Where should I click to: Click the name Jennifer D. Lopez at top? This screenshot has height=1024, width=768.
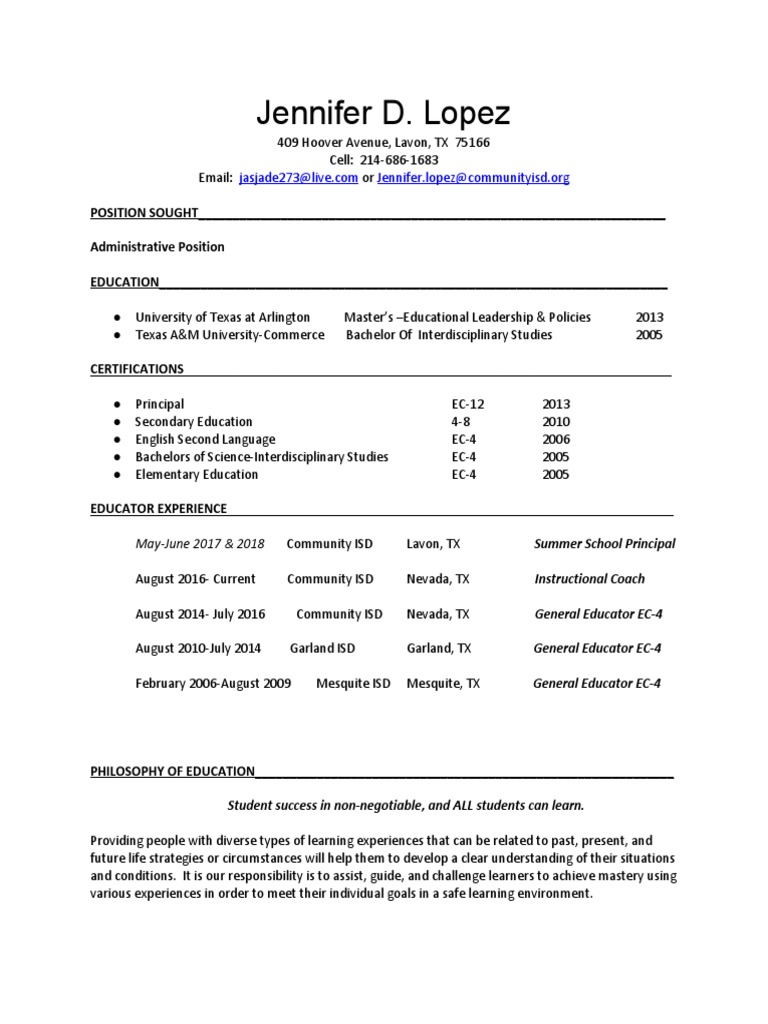384,113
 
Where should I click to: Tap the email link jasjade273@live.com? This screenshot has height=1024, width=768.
298,178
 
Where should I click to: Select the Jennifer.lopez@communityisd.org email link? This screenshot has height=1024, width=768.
473,178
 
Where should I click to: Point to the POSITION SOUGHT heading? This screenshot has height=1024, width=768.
144,212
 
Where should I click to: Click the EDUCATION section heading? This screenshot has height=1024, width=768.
124,282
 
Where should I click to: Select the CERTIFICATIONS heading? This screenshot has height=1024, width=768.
137,369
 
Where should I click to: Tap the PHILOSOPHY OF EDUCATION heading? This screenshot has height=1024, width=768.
172,771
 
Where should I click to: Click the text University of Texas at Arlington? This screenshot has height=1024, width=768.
222,317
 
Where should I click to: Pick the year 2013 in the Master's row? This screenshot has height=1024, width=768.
649,317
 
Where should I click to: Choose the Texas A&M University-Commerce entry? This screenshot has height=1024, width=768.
229,335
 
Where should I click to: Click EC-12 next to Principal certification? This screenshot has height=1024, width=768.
468,404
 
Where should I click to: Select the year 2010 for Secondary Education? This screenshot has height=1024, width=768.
556,422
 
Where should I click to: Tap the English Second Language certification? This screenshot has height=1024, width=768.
205,439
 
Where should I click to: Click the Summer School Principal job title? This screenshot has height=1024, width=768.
604,544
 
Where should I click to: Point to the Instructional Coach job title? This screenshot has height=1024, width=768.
589,579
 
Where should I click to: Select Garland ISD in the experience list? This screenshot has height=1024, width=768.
322,648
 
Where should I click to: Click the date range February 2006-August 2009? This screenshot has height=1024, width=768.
213,684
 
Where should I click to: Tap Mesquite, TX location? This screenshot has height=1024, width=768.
443,684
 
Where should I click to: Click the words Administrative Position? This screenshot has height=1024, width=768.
157,247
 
